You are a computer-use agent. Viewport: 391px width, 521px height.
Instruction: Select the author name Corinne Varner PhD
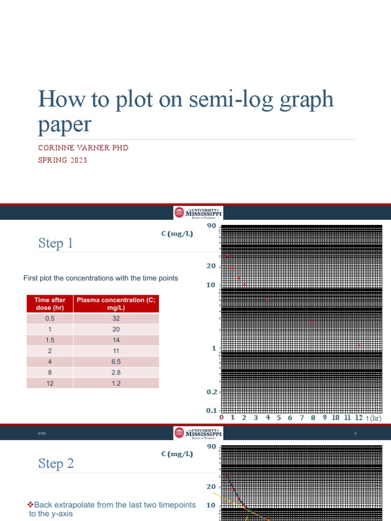click(83, 148)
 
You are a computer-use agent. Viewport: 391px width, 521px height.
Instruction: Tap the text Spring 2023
click(63, 160)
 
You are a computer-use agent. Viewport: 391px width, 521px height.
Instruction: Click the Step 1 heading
click(55, 244)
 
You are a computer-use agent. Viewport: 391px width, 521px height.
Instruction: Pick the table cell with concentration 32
click(116, 319)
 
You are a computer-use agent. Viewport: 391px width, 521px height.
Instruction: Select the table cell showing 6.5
click(116, 362)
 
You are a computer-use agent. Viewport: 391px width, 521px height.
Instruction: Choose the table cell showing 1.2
click(116, 384)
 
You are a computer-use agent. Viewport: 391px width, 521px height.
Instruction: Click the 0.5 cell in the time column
click(49, 319)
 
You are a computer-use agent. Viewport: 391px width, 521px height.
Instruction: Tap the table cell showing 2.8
click(116, 373)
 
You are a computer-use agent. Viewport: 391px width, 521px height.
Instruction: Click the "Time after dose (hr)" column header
click(49, 304)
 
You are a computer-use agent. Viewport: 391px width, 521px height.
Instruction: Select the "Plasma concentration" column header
click(116, 304)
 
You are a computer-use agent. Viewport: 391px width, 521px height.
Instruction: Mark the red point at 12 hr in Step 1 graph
click(359, 345)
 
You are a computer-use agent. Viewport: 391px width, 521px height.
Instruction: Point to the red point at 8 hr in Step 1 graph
click(313, 323)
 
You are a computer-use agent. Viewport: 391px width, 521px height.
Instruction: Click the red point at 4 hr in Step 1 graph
click(268, 300)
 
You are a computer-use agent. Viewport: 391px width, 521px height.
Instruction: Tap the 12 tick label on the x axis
click(358, 418)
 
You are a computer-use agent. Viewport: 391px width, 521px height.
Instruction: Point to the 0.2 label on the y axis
click(211, 392)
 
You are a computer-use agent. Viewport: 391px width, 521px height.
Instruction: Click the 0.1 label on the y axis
click(211, 411)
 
